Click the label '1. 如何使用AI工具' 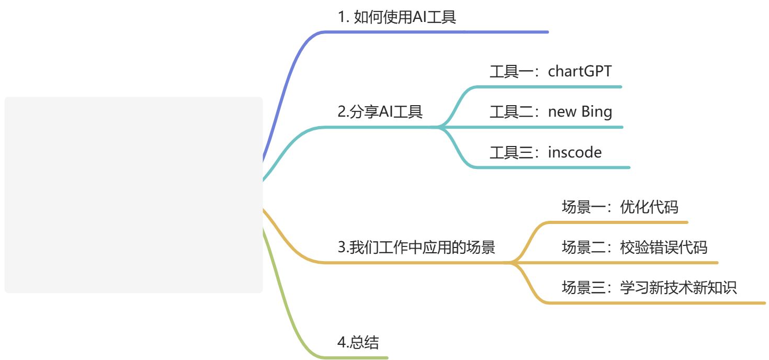pyautogui.click(x=397, y=17)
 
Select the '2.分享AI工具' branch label pyautogui.click(x=380, y=111)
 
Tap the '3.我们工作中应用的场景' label pyautogui.click(x=416, y=247)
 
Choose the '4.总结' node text pyautogui.click(x=358, y=342)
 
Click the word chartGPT pyautogui.click(x=580, y=72)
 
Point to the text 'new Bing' pyautogui.click(x=580, y=112)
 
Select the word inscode pyautogui.click(x=575, y=152)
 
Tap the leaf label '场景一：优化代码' pyautogui.click(x=620, y=207)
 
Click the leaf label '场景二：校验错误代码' pyautogui.click(x=635, y=247)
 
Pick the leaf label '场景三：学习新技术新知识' pyautogui.click(x=649, y=287)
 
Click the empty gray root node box pyautogui.click(x=133, y=195)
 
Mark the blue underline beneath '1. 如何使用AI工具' pyautogui.click(x=436, y=32)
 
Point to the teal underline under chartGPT pyautogui.click(x=549, y=87)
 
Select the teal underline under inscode pyautogui.click(x=553, y=167)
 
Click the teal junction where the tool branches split pyautogui.click(x=439, y=127)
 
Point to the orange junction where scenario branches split pyautogui.click(x=512, y=263)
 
